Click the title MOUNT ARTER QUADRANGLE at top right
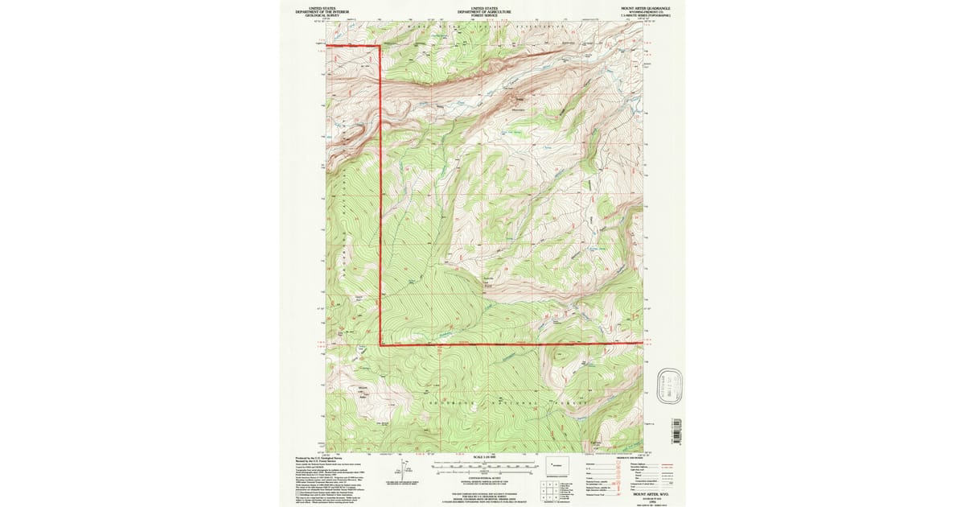tap(648, 7)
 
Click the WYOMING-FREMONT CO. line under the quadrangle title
tap(648, 11)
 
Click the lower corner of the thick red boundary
tap(380, 344)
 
